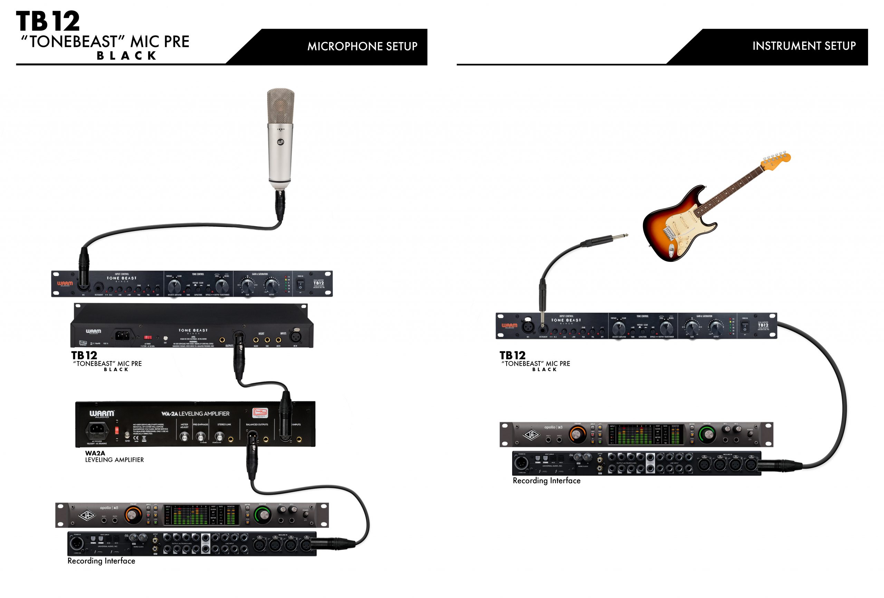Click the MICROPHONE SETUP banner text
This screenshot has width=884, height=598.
[x=362, y=46]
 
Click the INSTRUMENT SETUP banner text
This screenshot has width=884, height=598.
[x=804, y=46]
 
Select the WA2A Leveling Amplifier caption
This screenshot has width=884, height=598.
[x=114, y=456]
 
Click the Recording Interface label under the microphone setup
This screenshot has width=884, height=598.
[x=101, y=561]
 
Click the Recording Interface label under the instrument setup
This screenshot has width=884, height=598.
[x=546, y=481]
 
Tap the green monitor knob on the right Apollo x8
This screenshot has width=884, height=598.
[x=707, y=434]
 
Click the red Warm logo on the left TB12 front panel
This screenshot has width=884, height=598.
[x=65, y=283]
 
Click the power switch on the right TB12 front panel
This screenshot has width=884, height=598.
[x=745, y=326]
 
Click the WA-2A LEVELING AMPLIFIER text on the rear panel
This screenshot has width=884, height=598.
[x=195, y=414]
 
